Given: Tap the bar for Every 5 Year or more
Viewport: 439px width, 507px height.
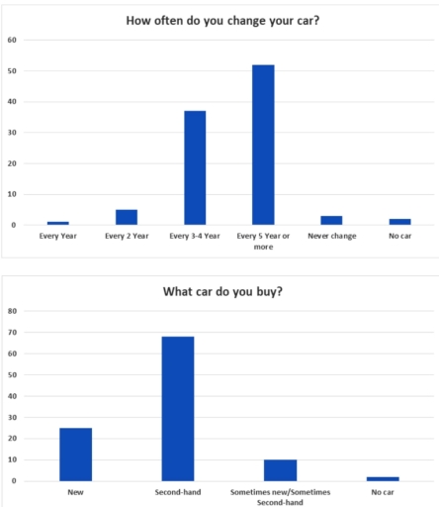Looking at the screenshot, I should (x=263, y=145).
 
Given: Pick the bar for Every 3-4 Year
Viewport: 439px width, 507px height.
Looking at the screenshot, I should (x=195, y=167).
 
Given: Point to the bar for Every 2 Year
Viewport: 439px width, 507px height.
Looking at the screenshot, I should (x=127, y=217).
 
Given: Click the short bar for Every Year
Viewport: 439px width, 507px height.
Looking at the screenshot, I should (x=58, y=223).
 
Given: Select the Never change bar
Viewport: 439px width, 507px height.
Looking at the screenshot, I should (x=331, y=220).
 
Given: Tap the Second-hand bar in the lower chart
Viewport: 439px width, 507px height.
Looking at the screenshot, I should (x=178, y=408).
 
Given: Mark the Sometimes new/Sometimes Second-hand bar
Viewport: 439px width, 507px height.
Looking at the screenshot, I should (x=280, y=470).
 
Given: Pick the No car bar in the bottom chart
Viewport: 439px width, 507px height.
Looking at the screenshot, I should (x=382, y=478).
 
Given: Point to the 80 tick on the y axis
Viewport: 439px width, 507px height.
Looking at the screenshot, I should (x=13, y=311).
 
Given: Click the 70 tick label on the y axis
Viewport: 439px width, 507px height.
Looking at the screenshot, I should (x=13, y=333).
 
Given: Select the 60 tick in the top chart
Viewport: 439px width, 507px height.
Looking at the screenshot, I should (x=13, y=41).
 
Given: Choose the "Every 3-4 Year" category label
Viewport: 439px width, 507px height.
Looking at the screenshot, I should (x=195, y=237).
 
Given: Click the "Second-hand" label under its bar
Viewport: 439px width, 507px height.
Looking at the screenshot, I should (x=178, y=492).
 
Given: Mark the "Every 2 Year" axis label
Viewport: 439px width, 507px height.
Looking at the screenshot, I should (x=127, y=237).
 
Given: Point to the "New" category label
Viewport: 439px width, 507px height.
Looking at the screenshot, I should (x=75, y=492).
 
